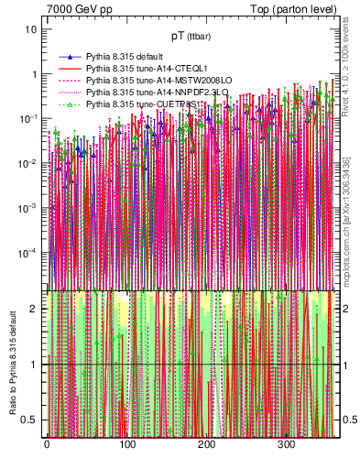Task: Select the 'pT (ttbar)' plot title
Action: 191,37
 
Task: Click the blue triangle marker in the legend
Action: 66,57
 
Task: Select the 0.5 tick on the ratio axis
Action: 30,420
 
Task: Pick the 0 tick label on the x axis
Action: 47,446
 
